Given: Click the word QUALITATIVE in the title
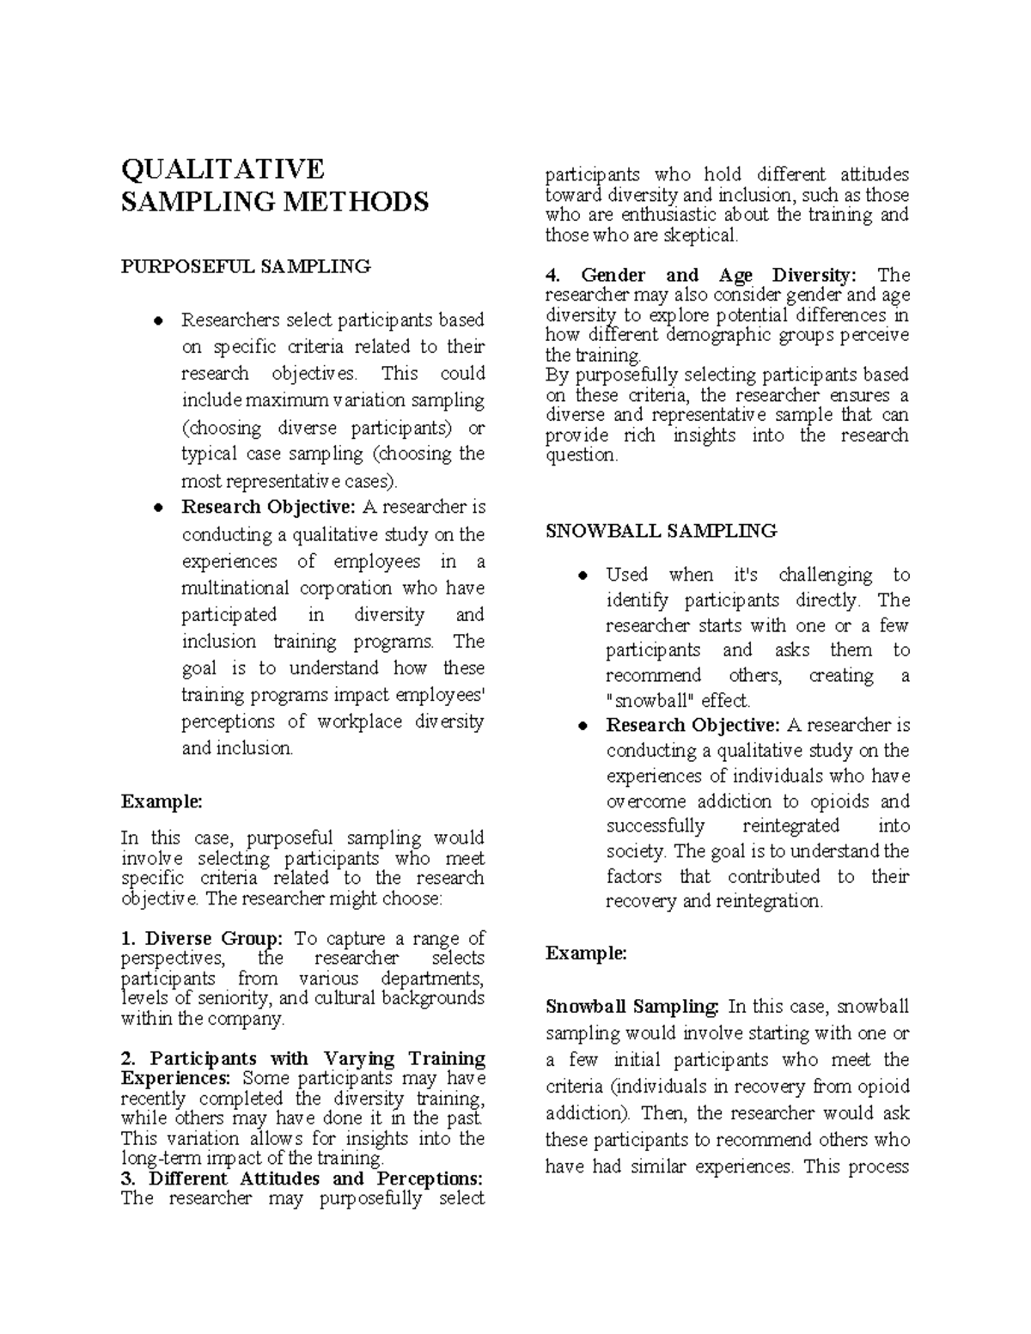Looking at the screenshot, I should pyautogui.click(x=223, y=168).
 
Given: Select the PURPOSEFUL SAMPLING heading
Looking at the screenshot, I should pyautogui.click(x=246, y=266).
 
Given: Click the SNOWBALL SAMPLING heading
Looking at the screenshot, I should pyautogui.click(x=661, y=531).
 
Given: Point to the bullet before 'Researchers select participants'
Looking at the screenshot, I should pyautogui.click(x=157, y=321).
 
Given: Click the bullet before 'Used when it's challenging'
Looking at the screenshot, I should pyautogui.click(x=582, y=576).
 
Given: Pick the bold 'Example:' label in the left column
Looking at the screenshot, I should pyautogui.click(x=162, y=801).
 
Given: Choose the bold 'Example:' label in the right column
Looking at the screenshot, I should pyautogui.click(x=586, y=953).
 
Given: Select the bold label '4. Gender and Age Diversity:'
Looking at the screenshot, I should pyautogui.click(x=701, y=275).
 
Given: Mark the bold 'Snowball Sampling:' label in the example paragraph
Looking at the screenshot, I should pyautogui.click(x=632, y=1006).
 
